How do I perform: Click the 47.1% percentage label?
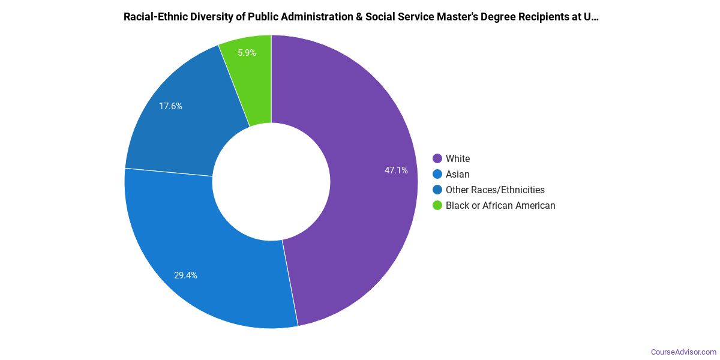pos(396,170)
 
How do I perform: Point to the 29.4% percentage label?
pos(185,275)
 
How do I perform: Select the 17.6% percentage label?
pos(170,106)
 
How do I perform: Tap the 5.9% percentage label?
pos(247,53)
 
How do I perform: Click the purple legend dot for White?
pos(437,159)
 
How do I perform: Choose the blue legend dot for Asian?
pos(437,175)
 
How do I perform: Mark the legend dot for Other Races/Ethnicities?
pos(437,190)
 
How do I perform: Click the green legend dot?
pos(437,206)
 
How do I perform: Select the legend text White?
pos(458,159)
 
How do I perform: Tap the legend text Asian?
pos(458,175)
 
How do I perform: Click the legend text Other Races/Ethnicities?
pos(495,190)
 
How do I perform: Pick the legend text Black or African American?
pos(500,206)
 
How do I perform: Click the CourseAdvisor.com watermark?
pos(683,352)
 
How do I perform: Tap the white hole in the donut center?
pos(271,182)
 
